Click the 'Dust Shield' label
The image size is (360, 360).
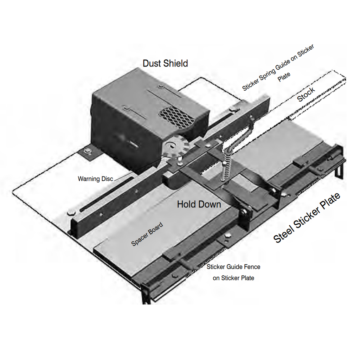pos(165,63)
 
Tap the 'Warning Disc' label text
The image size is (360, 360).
pos(96,179)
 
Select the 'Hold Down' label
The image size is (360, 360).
pos(199,204)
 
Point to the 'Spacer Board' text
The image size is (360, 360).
pos(147,234)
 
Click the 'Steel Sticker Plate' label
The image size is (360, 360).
pos(307,218)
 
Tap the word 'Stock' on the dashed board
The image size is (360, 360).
pos(306,95)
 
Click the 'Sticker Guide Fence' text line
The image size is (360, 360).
pos(233,267)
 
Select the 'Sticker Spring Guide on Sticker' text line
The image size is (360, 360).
pos(278,67)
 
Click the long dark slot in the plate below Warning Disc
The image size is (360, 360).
pos(107,195)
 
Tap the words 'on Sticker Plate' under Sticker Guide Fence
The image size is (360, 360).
pos(233,278)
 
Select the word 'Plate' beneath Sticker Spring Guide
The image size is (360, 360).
pos(284,77)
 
